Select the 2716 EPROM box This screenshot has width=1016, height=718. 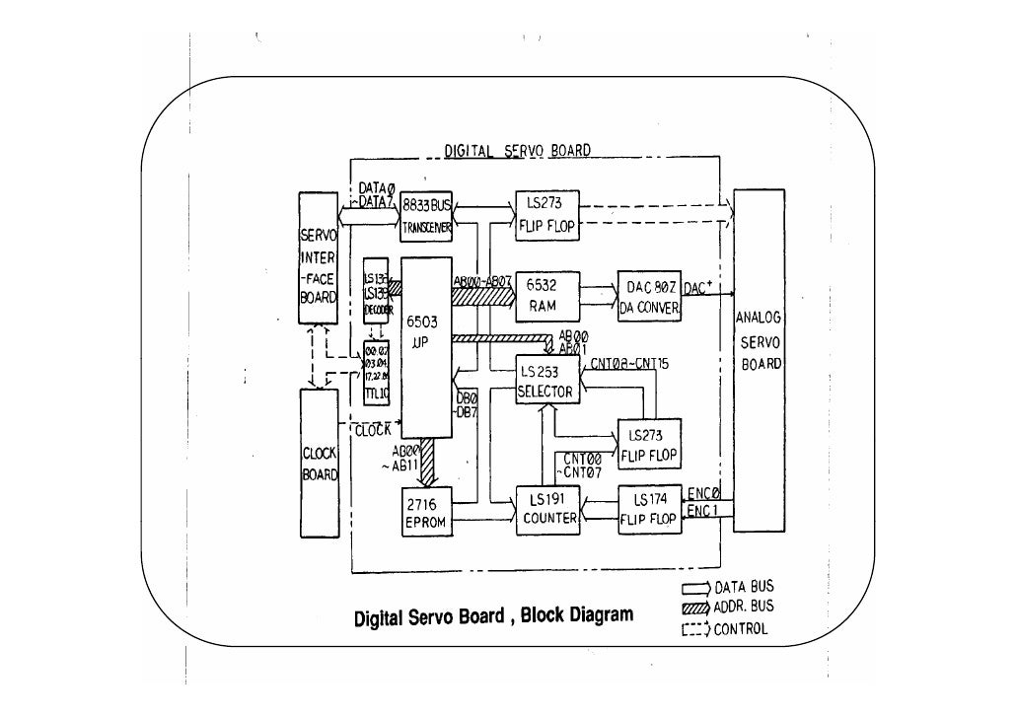427,515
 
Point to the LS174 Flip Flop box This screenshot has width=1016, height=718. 648,510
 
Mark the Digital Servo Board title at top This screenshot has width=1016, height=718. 517,151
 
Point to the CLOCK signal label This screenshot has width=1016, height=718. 373,430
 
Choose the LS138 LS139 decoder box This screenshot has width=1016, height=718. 376,294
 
